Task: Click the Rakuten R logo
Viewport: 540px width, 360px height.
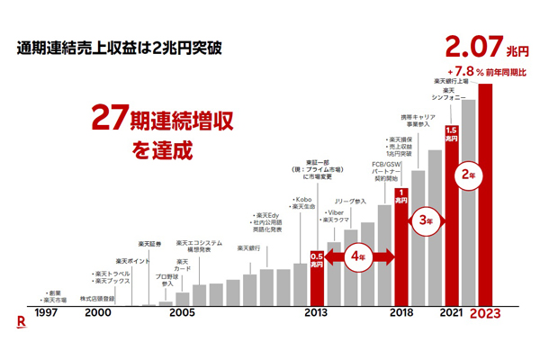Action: tap(20, 319)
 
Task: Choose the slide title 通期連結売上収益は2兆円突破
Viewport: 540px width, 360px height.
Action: tap(120, 45)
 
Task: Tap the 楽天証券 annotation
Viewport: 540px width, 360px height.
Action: tap(150, 244)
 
